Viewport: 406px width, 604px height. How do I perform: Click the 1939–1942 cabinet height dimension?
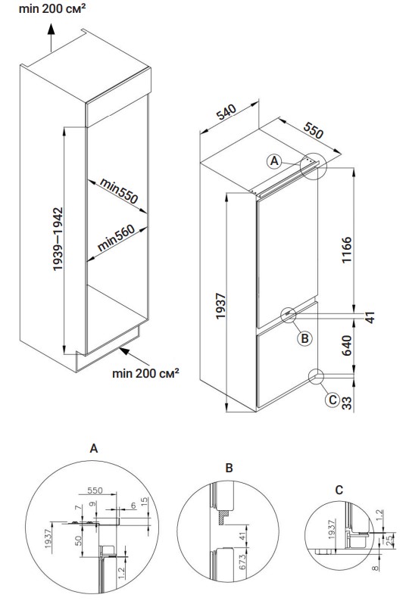coord(58,239)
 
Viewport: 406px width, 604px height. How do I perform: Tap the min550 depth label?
coord(119,191)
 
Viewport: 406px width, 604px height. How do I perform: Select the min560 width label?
coord(116,238)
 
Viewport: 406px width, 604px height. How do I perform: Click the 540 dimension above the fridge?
coord(226,112)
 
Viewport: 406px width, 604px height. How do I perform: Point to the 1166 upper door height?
coord(347,250)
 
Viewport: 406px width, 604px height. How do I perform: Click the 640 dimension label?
coord(347,346)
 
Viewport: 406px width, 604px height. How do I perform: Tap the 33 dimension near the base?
coord(347,403)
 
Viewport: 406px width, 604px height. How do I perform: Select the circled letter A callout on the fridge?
coord(274,160)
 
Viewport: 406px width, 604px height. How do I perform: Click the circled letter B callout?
coord(304,338)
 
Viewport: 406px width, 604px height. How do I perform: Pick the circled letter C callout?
coord(333,400)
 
